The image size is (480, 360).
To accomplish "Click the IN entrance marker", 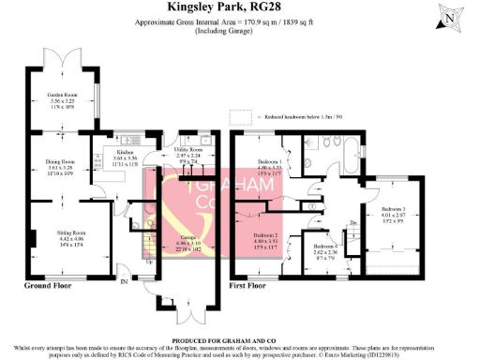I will (120, 278).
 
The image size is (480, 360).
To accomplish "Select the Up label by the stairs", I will (149, 262).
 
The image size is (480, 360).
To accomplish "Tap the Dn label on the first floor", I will (354, 221).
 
